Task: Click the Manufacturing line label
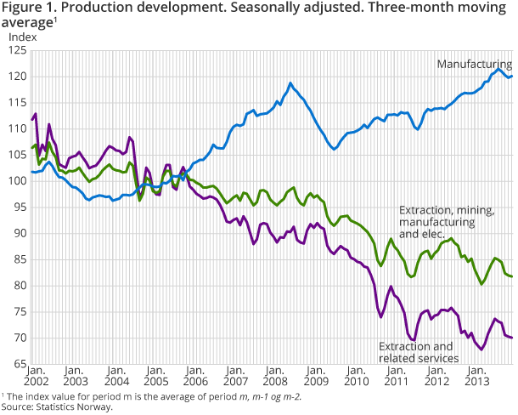(x=474, y=64)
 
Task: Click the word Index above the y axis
(x=21, y=37)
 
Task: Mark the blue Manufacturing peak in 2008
(x=290, y=82)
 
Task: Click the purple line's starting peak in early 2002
(x=35, y=113)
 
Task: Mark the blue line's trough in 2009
(x=335, y=149)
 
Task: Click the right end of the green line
(x=512, y=276)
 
